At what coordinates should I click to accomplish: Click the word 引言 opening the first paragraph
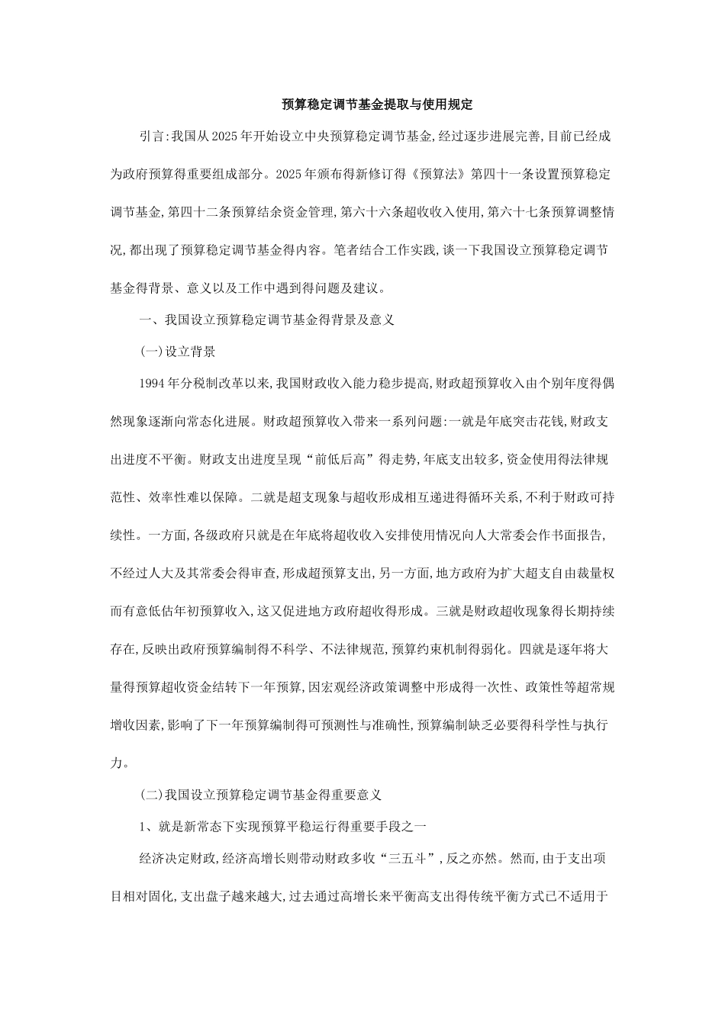[151, 137]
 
